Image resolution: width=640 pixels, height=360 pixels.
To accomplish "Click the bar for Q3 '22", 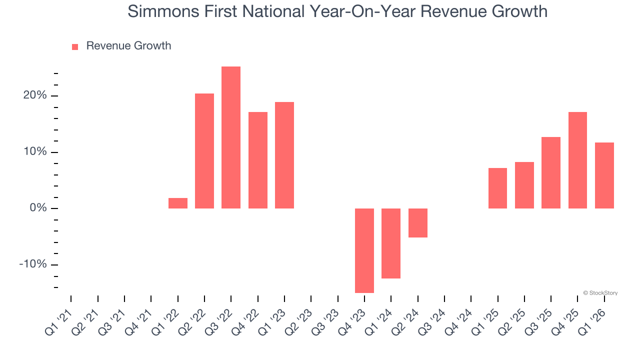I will (231, 137).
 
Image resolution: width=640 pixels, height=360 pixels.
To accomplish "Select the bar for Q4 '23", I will (364, 250).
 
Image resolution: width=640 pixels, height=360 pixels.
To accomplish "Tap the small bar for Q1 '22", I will (178, 203).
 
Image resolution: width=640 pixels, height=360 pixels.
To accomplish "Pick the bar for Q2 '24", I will (418, 223).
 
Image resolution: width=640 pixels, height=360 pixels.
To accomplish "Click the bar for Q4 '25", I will (577, 160).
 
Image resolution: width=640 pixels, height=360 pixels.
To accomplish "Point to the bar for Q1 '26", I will (604, 175).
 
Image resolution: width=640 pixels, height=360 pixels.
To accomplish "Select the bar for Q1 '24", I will (391, 243).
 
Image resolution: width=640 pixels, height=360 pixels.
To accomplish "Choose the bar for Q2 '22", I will (204, 151).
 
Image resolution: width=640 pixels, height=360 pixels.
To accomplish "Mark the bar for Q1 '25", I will (497, 188).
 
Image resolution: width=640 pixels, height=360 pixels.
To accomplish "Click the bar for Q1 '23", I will (284, 155).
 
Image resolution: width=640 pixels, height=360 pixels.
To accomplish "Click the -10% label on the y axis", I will (32, 264).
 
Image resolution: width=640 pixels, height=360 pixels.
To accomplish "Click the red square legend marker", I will (75, 46).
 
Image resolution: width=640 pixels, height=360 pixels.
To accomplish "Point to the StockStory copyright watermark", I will (600, 293).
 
